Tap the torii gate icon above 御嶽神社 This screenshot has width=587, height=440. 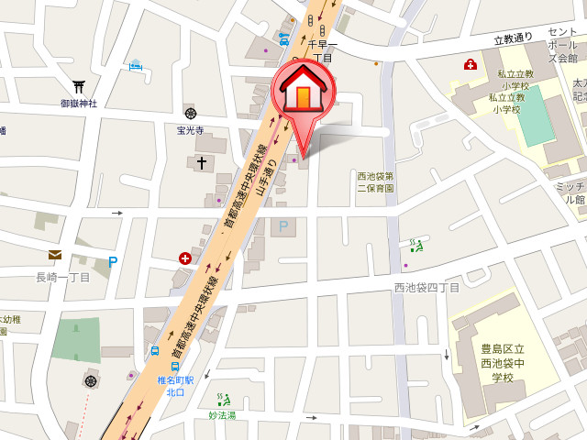78,86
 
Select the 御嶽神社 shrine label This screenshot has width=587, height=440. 79,104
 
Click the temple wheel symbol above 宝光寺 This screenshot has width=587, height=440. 190,113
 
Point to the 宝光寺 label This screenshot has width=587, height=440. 191,129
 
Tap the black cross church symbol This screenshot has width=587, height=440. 202,163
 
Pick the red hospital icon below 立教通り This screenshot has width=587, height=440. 471,64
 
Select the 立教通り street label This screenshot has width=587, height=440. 513,39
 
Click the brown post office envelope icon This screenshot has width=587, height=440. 55,256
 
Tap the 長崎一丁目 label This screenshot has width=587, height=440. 62,277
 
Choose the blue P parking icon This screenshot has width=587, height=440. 113,261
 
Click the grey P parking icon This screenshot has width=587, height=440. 283,225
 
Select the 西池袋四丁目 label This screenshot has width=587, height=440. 426,288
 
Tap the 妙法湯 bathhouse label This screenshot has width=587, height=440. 221,415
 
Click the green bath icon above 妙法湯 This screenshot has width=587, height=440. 222,399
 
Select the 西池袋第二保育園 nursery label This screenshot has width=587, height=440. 376,181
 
